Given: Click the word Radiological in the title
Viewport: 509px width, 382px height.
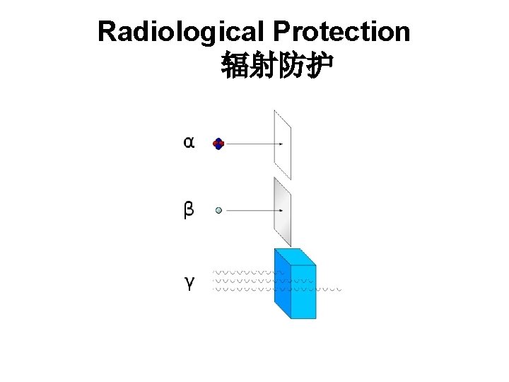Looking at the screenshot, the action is [x=182, y=33].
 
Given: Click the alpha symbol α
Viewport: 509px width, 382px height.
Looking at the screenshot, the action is [x=189, y=143].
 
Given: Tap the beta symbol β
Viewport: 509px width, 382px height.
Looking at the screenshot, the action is [x=189, y=210].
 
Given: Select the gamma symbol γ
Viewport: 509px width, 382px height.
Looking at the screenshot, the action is [x=189, y=283].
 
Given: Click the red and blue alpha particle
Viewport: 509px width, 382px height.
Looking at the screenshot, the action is [x=218, y=144].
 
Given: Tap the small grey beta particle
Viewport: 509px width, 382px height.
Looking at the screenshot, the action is [x=219, y=210].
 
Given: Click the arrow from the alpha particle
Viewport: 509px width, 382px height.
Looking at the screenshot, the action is [x=255, y=144].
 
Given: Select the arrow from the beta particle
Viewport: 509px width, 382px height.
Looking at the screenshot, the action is [x=255, y=210].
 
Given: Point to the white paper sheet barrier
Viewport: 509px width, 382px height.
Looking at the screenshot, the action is [x=282, y=145].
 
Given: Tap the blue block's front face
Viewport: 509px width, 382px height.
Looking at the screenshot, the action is [x=303, y=291].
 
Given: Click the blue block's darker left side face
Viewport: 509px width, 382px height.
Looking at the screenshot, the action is [x=282, y=286].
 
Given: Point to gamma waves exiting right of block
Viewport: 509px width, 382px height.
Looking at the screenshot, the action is [x=329, y=289].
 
